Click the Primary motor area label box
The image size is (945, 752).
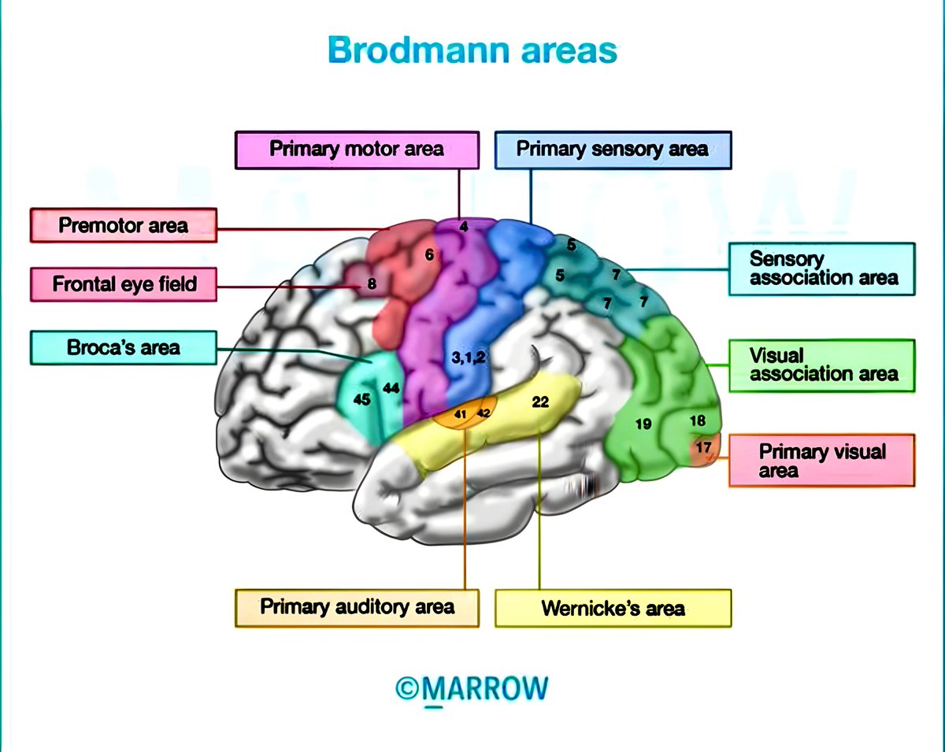tap(357, 150)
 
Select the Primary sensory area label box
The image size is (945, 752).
tap(613, 150)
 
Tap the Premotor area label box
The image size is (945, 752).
tap(124, 226)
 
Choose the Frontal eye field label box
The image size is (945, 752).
tap(124, 283)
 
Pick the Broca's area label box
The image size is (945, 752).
tap(124, 347)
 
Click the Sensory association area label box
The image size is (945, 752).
tap(822, 269)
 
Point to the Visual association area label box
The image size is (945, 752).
tap(822, 365)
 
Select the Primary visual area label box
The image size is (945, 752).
tap(822, 461)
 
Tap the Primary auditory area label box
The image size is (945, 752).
tap(357, 607)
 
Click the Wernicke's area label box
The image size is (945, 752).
tap(613, 609)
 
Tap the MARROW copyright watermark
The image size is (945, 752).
tap(472, 687)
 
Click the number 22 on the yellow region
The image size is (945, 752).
tap(539, 402)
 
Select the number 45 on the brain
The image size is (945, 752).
tap(361, 400)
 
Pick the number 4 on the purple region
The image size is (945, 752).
tap(464, 227)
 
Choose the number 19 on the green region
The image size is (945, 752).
tap(643, 424)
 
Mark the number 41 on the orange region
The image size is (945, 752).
tap(461, 414)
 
